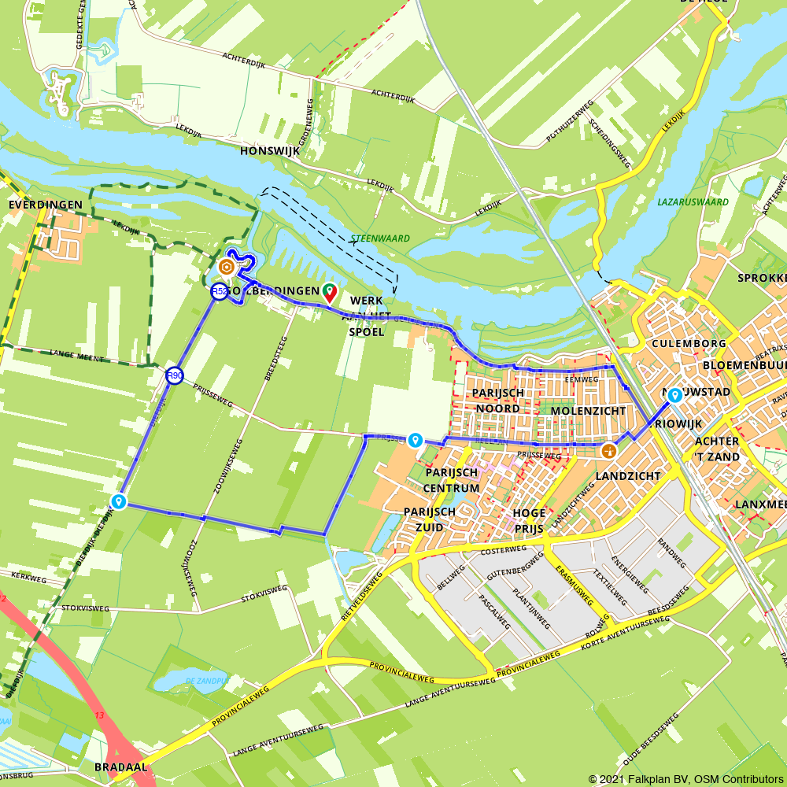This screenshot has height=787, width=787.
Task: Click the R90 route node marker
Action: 175,376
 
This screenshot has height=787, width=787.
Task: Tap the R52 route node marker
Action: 220,292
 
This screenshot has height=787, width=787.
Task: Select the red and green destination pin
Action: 329,293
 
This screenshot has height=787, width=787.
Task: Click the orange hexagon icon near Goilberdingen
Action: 226,268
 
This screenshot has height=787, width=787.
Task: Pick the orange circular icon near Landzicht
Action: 608,451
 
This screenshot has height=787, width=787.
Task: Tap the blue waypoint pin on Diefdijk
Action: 119,501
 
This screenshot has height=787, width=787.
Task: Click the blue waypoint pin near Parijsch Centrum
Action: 415,440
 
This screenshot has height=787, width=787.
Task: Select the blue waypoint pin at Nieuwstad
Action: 674,396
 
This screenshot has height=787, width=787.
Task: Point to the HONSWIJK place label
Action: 271,150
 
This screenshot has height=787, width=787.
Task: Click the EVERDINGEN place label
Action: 45,205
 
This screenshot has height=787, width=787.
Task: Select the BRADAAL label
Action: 120,766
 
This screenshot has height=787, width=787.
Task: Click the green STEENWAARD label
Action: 369,237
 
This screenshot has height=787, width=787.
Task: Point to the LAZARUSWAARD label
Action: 693,202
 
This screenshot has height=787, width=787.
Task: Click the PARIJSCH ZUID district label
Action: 430,518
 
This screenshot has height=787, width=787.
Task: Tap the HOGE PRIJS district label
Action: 529,520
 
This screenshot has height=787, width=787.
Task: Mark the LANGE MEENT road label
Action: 76,356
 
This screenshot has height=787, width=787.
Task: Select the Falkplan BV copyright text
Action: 685,778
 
